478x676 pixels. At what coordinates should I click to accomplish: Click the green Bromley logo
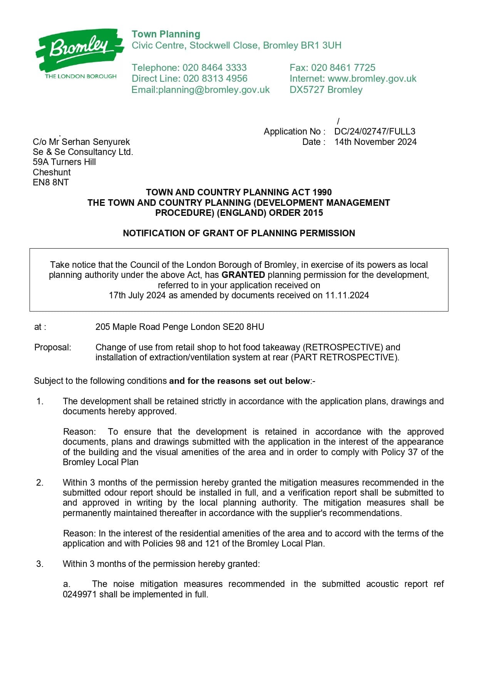click(x=80, y=50)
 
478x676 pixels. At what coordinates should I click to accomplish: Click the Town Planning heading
click(x=166, y=34)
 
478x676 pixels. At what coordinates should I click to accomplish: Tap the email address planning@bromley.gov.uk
click(x=214, y=90)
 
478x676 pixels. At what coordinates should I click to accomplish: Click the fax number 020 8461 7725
click(x=343, y=68)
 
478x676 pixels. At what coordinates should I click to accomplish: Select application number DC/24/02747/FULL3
click(x=375, y=131)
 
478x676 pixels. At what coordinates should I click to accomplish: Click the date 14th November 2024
click(x=375, y=142)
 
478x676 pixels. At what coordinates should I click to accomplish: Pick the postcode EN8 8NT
click(x=50, y=182)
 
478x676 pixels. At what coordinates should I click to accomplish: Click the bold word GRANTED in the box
click(x=243, y=275)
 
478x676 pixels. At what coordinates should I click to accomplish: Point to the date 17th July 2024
click(x=137, y=296)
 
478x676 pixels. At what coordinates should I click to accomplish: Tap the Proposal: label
click(x=53, y=347)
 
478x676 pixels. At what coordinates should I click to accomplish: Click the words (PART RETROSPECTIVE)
click(x=344, y=358)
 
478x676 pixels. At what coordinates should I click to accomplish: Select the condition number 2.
click(x=40, y=483)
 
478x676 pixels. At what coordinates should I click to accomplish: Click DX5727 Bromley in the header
click(x=326, y=90)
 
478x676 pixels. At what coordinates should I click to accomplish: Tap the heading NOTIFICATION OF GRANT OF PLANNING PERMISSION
click(x=239, y=233)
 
